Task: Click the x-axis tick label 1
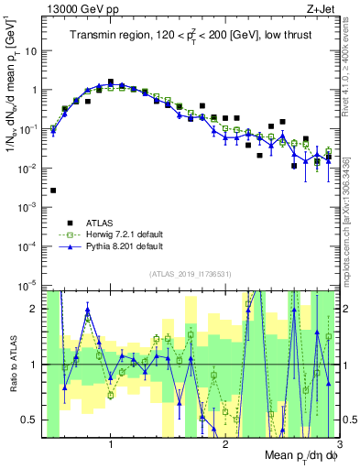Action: point(111,445)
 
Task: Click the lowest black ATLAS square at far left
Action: point(53,191)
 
